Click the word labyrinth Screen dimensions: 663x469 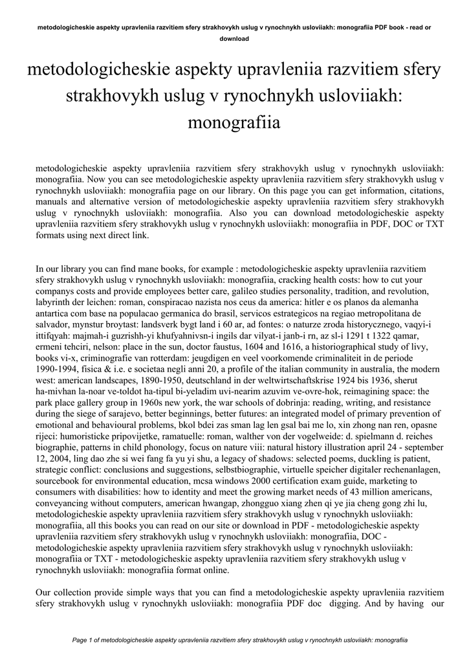[x=55, y=302]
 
